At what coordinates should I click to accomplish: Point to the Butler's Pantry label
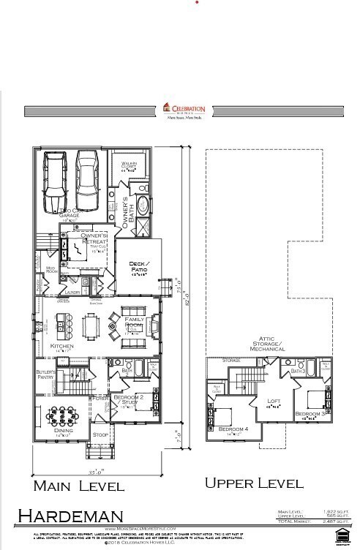[x=46, y=374]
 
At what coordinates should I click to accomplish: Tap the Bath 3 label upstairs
[x=298, y=372]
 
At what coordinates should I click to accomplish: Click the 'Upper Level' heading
[x=253, y=483]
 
